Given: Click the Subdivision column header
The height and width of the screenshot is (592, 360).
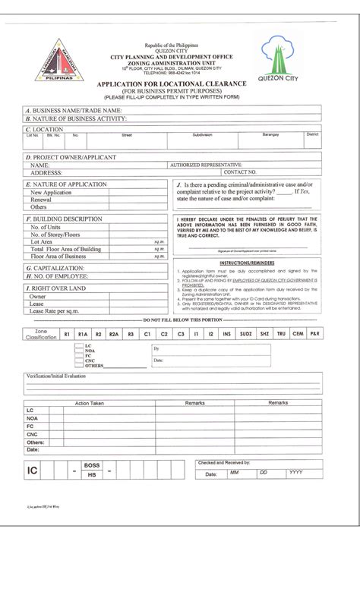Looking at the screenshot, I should tap(202, 134).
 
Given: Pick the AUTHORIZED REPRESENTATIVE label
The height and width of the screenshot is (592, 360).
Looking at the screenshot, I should tap(207, 165).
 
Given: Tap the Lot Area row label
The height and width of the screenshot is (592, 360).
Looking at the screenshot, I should tap(42, 241).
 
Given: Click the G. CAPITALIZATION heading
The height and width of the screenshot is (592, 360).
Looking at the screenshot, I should tap(58, 268).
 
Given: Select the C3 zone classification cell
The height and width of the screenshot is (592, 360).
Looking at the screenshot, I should tap(180, 334).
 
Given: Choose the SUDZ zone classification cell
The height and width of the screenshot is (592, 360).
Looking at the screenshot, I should tap(245, 334).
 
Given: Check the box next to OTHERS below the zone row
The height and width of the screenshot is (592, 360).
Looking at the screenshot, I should tap(79, 366).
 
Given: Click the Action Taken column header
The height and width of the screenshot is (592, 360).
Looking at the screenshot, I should tap(89, 402).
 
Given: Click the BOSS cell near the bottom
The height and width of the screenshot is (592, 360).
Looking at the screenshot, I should tap(92, 464).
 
